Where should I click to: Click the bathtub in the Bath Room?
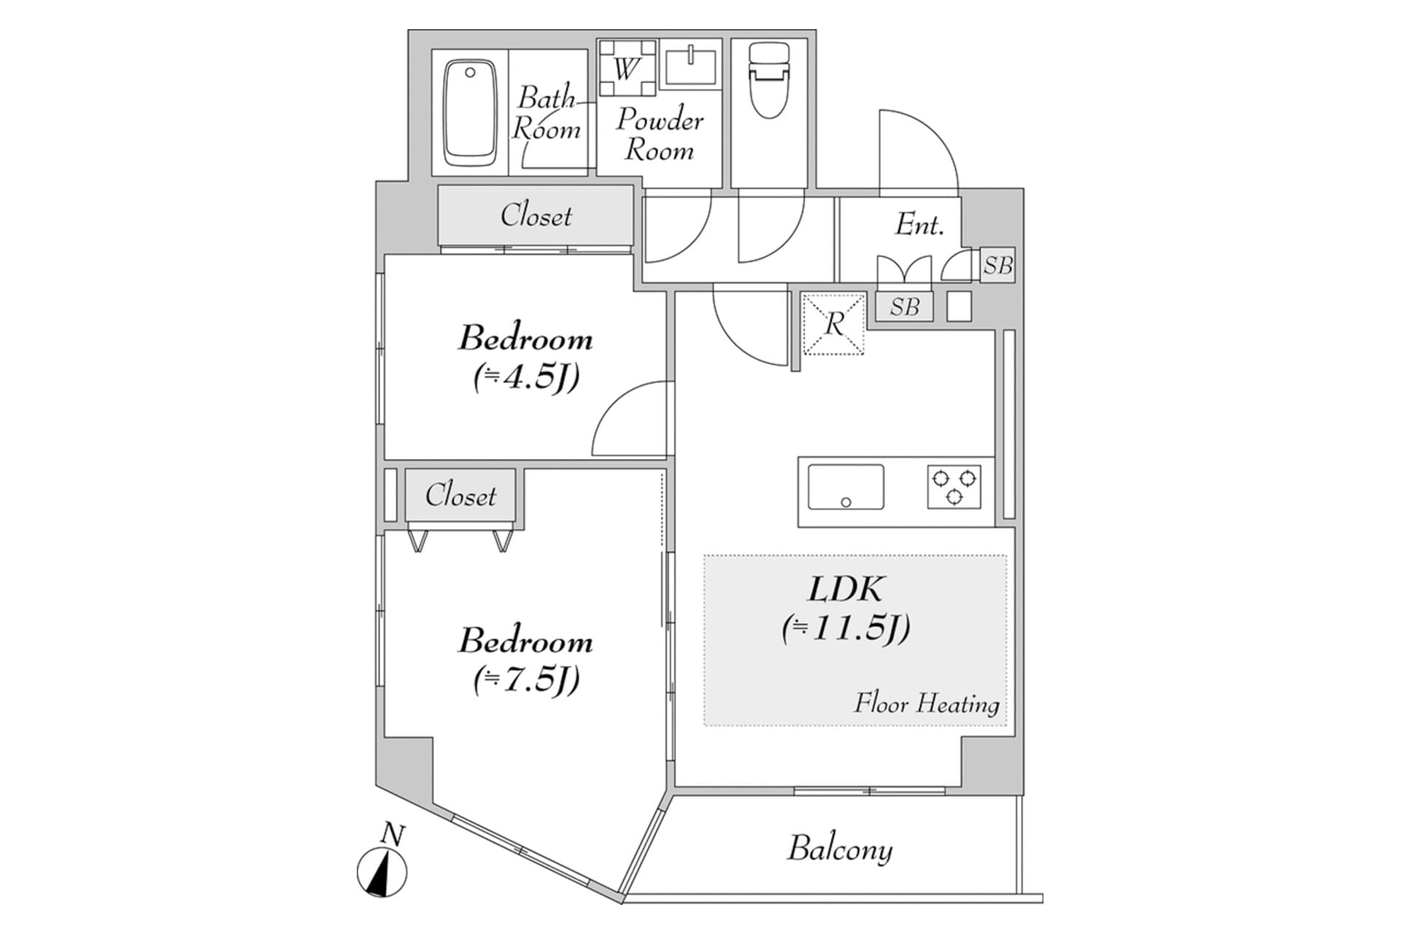pos(471,113)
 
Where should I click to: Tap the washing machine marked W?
pos(626,69)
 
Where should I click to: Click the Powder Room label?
pos(659,135)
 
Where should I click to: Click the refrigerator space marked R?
pos(833,324)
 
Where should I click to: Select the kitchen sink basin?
pos(846,487)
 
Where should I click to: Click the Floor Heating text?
pos(926,703)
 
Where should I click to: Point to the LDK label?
pos(846,590)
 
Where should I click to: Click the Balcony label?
pos(840,849)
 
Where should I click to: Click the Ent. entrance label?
pos(919,225)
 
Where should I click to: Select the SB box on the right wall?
pos(997,266)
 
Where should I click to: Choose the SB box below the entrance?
pos(904,306)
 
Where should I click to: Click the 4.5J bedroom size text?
pos(526,378)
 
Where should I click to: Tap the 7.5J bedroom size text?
pos(526,680)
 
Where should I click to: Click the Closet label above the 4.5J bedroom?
pos(536,216)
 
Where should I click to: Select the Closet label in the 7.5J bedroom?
pos(460,495)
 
